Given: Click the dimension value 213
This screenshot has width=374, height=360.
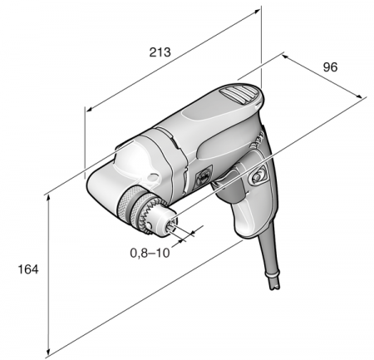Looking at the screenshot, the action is (160, 52).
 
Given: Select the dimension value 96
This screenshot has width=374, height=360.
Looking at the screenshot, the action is (330, 67).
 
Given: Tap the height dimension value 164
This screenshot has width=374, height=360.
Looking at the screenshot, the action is (28, 269).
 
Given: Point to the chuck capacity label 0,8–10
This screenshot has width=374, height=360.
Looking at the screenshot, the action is (150, 253).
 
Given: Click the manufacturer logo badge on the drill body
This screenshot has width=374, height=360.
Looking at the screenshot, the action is (204, 176).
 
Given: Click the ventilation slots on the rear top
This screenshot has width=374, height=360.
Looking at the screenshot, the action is (238, 94).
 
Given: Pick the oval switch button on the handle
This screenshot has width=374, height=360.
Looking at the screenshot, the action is (257, 176).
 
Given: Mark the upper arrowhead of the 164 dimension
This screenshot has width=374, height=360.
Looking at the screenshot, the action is (48, 197).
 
